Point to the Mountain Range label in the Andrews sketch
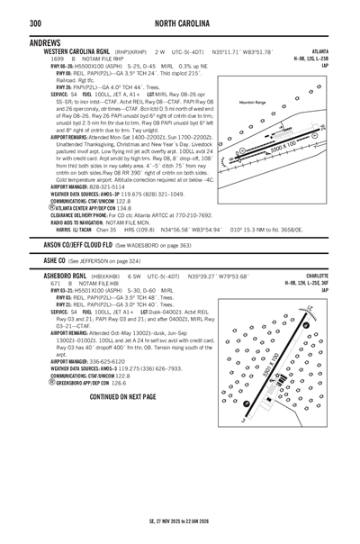[x=253, y=103]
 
